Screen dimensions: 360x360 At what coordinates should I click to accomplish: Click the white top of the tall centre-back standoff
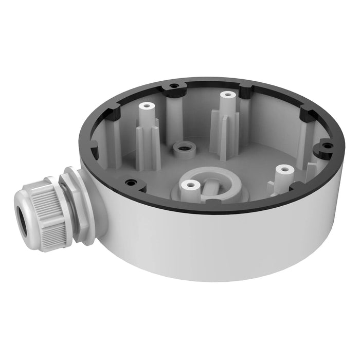225,96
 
